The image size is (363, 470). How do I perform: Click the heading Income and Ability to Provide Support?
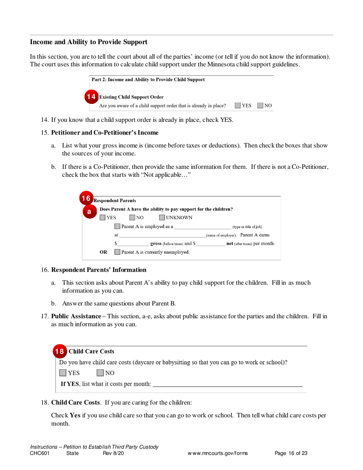pos(89,42)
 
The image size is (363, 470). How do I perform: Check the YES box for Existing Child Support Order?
pos(238,105)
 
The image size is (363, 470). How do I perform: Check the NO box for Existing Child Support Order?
pos(260,105)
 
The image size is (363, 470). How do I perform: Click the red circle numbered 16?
pos(86,198)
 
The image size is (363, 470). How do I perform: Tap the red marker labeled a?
pos(89,211)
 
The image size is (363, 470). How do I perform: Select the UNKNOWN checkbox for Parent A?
pos(162,218)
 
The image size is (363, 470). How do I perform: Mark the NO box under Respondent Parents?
pos(132,218)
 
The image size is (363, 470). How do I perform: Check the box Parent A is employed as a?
pos(118,227)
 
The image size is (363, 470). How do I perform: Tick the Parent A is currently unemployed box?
pos(118,252)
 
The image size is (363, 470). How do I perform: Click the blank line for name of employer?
pos(162,236)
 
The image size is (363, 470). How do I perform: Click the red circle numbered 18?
pos(59,351)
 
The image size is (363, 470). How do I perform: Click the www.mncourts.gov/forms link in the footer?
pos(217,454)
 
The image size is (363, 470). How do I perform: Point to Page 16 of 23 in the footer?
pos(291,454)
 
